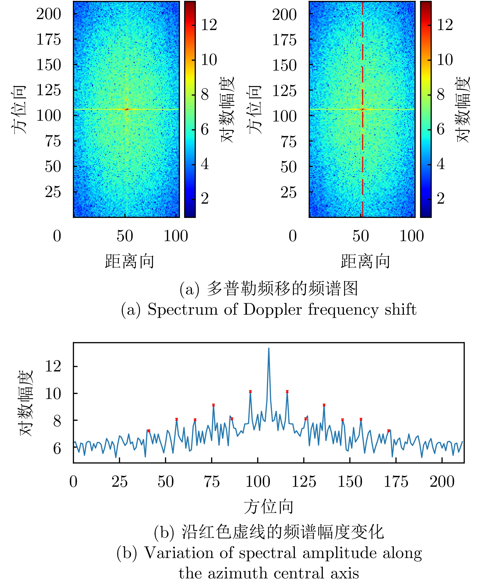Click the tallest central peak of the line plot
(268, 349)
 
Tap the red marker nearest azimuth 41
(149, 431)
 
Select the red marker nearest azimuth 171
(388, 431)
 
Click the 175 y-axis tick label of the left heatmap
(49, 39)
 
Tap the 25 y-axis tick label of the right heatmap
(288, 192)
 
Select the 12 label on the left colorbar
(209, 25)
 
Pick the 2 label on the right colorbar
(441, 199)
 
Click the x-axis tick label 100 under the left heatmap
(176, 236)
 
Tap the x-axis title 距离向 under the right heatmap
(365, 261)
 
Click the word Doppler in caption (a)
(272, 310)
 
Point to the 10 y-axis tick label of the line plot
(53, 393)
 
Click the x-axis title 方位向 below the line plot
(268, 507)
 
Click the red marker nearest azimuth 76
(213, 405)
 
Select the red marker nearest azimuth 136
(324, 405)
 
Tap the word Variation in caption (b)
(179, 553)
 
